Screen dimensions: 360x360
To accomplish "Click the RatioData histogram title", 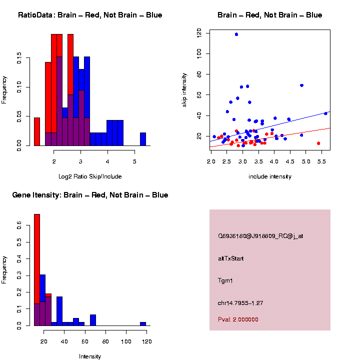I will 90,15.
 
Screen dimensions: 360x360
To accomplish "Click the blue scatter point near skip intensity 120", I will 236,34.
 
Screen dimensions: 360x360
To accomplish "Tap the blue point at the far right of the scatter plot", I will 325,113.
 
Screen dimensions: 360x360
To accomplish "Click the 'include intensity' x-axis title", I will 270,176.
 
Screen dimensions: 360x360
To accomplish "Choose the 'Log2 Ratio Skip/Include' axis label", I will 90,176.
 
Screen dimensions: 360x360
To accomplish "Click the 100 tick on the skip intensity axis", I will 199,53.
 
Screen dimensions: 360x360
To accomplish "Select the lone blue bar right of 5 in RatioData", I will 143,139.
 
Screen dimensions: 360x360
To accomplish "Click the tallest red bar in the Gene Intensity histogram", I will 36,270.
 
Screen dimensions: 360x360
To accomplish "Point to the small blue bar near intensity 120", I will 143,323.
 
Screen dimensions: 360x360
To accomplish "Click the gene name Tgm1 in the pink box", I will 225,280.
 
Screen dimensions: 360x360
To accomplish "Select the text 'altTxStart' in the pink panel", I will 230,258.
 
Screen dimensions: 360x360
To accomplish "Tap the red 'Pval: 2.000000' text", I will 238,319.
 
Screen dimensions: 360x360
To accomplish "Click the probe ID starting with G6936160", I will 260,236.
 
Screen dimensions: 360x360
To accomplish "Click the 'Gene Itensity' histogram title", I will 90,195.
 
